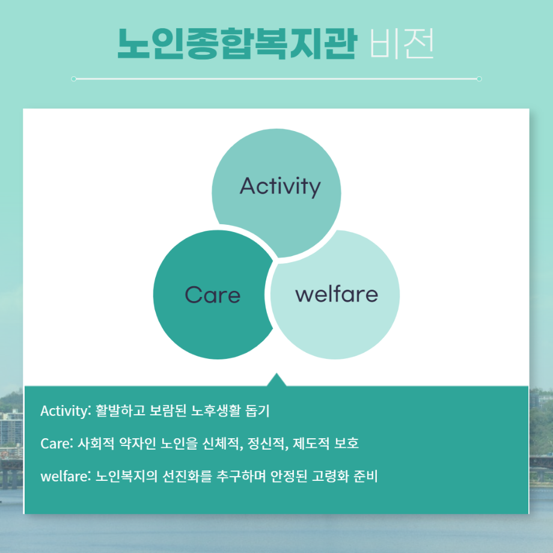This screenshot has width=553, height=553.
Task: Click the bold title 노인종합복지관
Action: click(x=237, y=43)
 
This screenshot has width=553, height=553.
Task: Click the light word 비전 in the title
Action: click(x=402, y=44)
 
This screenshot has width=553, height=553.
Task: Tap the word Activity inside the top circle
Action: click(x=280, y=186)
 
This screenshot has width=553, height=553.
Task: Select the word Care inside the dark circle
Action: click(x=213, y=295)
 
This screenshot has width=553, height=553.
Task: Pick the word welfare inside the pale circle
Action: click(x=337, y=294)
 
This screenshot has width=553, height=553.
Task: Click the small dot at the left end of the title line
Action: click(x=73, y=79)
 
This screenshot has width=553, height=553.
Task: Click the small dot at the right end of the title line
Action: click(x=479, y=79)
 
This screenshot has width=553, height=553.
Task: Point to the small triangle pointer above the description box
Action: click(x=276, y=380)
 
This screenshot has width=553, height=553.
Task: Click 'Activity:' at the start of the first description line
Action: click(x=66, y=411)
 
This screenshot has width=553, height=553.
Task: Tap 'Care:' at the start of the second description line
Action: click(x=57, y=444)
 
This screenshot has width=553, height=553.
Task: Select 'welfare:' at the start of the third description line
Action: click(x=66, y=476)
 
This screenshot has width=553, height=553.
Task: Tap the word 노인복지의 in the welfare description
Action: click(x=127, y=476)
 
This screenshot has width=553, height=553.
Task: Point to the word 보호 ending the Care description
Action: click(x=346, y=444)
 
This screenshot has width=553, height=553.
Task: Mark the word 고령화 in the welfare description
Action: click(x=331, y=476)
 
